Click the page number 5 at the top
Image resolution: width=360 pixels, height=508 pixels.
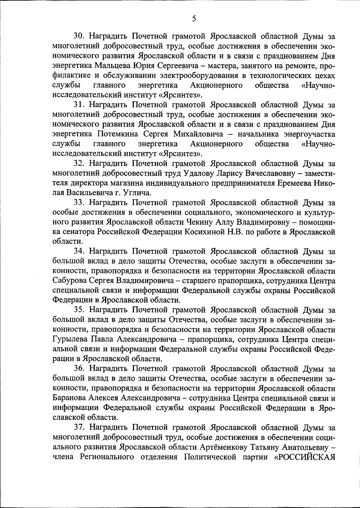pos(194,19)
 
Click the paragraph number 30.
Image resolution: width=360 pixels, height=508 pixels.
pos(80,37)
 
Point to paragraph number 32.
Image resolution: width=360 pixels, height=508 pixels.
pos(80,164)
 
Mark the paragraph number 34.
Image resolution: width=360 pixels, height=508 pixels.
pos(80,252)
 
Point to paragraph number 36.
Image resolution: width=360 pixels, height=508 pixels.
pos(80,369)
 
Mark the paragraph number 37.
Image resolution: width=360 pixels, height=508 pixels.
pos(80,428)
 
